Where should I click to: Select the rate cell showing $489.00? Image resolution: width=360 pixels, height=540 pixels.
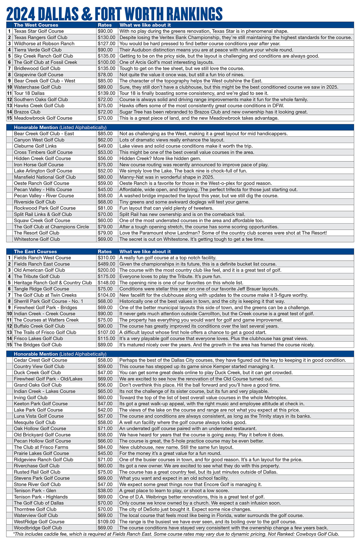107,264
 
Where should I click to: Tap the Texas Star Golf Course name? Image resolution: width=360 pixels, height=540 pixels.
39,31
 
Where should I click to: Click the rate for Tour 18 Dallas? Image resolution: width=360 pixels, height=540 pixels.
107,93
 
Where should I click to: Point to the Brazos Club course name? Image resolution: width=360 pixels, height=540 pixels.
27,112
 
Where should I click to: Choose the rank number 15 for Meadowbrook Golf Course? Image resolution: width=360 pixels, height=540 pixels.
10,118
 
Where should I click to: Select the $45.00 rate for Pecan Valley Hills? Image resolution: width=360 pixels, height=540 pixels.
105,190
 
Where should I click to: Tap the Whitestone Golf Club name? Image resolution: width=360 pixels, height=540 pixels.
37,239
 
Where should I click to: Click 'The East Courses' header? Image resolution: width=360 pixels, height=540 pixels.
35,251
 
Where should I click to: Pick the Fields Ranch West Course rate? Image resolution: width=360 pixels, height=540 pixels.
107,258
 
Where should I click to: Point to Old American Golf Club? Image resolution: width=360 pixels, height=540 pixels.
39,270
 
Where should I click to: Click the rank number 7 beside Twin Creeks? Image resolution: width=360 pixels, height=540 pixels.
10,295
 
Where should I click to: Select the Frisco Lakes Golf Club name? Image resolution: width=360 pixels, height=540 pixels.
38,338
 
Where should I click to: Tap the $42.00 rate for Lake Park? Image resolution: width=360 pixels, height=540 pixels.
105,410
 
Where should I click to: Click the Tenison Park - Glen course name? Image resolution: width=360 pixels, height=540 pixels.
35,491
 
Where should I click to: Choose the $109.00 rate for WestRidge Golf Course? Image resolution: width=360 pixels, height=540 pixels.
107,522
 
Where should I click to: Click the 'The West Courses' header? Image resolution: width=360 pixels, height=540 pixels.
36,25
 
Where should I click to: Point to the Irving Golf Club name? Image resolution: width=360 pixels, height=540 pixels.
31,397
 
